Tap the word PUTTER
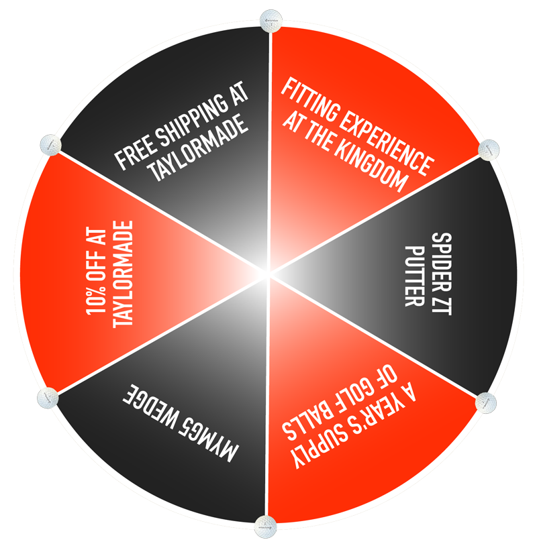pos(415,276)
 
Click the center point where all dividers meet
pos(269,274)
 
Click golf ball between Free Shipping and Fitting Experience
pos(271,21)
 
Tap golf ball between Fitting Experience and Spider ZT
pos(489,150)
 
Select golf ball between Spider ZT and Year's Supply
pos(486,402)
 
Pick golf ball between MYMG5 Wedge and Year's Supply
pos(266,527)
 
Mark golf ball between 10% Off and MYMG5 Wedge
pos(48,398)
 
